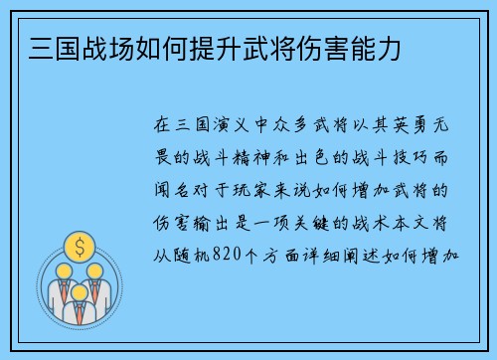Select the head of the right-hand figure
click(x=96, y=271)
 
